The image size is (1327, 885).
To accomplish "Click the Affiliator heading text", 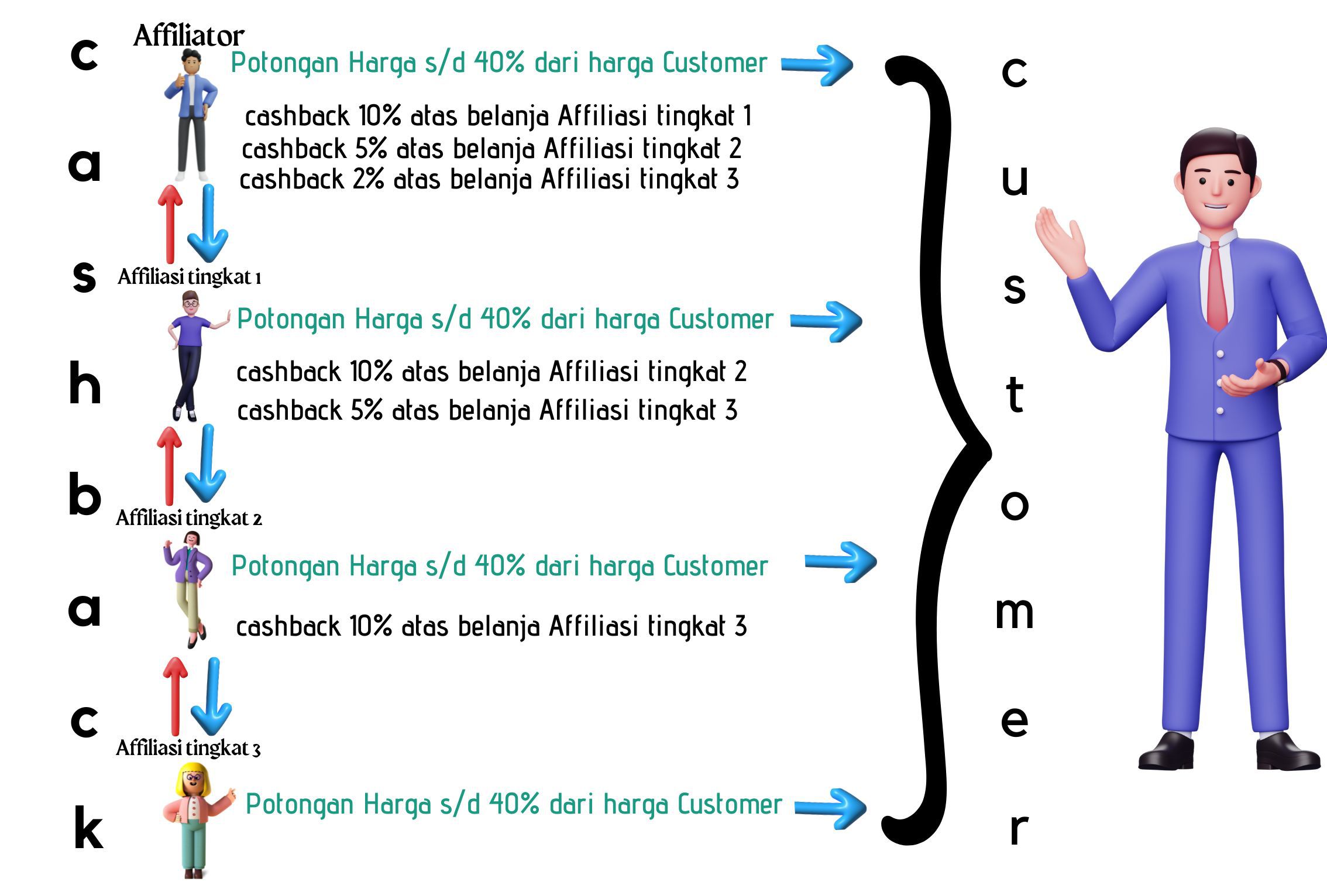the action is (x=188, y=36).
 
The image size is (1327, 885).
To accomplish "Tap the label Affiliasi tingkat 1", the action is (x=189, y=276).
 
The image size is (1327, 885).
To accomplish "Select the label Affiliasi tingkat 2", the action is (x=188, y=518).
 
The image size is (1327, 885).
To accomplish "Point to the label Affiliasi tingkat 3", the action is (x=188, y=748).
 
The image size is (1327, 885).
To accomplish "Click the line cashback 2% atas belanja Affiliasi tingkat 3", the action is (x=489, y=179).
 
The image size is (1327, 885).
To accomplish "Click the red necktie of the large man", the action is (x=1217, y=287).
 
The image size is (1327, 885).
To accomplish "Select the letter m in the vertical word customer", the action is (x=1014, y=613).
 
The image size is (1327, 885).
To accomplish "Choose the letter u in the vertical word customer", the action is (x=1015, y=180).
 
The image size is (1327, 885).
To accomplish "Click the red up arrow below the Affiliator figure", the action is (x=170, y=224).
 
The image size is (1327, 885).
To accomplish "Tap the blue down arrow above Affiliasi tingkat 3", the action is (x=211, y=697).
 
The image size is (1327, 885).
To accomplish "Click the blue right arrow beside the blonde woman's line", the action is (x=830, y=808).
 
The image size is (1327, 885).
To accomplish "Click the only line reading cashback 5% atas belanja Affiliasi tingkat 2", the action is (x=491, y=149).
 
